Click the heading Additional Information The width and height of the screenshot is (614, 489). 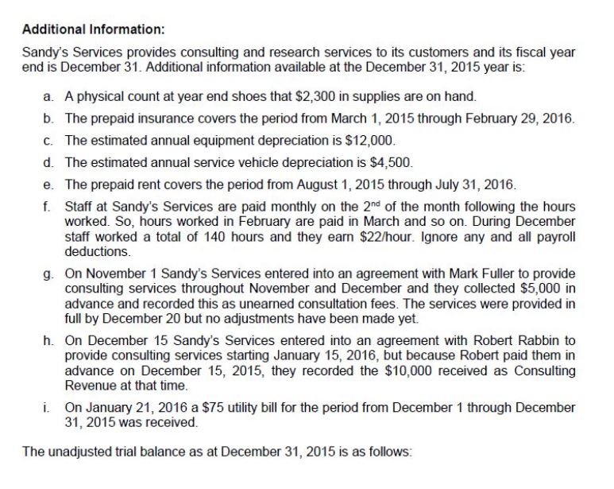(93, 29)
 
